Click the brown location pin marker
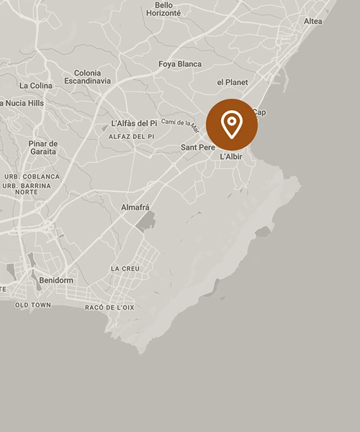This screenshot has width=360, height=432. coord(231,125)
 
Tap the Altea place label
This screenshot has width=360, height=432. coord(313,21)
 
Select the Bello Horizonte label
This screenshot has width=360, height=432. coord(163,9)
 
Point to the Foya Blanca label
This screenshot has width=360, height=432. coord(180,64)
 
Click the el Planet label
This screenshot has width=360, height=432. coord(232,82)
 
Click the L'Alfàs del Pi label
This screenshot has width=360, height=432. coord(134,123)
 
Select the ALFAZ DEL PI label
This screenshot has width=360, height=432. coord(132,136)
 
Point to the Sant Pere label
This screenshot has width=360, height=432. coord(195,148)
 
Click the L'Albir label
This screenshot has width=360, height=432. coord(231,156)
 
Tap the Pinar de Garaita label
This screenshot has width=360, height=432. coord(43,148)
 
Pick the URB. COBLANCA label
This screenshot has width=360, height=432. coord(32,176)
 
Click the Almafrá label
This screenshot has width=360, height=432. coord(135,207)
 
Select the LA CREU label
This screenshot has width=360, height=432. coord(125,269)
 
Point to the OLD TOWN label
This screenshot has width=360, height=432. coord(33,305)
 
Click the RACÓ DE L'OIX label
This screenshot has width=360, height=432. coord(109,307)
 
